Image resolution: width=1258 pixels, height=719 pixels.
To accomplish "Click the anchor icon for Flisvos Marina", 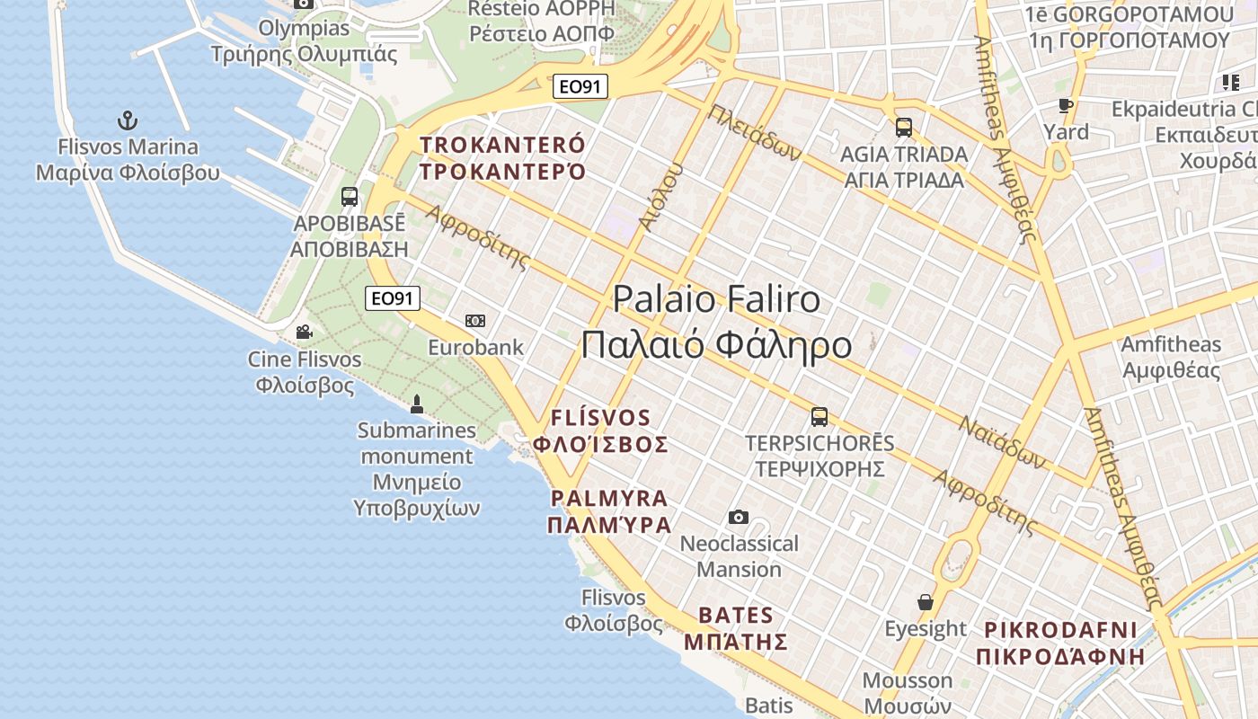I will pyautogui.click(x=128, y=120).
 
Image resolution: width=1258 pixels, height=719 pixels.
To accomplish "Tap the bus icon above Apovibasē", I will pyautogui.click(x=350, y=197).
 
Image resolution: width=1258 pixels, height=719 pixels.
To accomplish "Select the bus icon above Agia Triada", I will pyautogui.click(x=903, y=128).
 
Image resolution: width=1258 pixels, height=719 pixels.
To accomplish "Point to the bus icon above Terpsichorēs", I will pyautogui.click(x=819, y=417).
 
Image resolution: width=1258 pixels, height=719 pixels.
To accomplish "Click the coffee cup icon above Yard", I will pyautogui.click(x=1066, y=106).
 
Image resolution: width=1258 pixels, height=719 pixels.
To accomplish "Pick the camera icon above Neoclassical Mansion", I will pyautogui.click(x=739, y=517).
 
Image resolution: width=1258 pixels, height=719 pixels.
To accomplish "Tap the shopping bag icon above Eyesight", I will pyautogui.click(x=926, y=601).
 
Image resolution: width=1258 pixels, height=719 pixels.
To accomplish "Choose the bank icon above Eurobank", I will pyautogui.click(x=475, y=321).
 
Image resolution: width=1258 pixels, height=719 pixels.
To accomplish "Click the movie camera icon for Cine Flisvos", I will pyautogui.click(x=305, y=333).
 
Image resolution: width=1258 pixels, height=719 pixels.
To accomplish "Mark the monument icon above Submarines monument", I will pyautogui.click(x=416, y=404).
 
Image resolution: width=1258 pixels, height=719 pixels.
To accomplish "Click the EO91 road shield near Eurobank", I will pyautogui.click(x=393, y=298).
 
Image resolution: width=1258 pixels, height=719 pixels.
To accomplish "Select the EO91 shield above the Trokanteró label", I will pyautogui.click(x=580, y=86).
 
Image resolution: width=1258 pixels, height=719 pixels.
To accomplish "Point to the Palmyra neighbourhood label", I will pyautogui.click(x=610, y=511).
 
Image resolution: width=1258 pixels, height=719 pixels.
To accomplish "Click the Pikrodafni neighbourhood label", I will pyautogui.click(x=1060, y=643).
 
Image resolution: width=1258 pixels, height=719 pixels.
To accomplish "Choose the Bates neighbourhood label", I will pyautogui.click(x=736, y=628).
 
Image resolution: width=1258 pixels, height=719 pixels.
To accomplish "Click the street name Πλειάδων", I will pyautogui.click(x=755, y=133).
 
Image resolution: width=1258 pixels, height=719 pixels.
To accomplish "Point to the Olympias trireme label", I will pyautogui.click(x=304, y=41).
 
